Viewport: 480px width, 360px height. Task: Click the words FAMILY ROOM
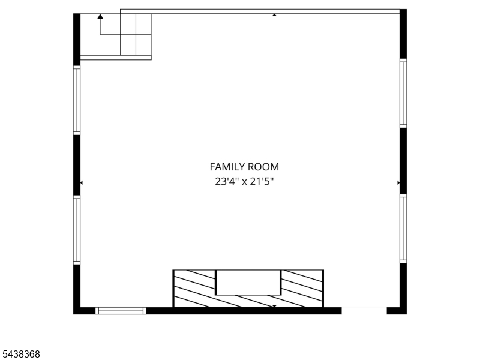(x=244, y=167)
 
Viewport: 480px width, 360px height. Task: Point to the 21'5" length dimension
(x=262, y=182)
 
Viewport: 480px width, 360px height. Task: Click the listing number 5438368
(x=20, y=354)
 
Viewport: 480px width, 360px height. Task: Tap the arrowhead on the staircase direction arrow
(x=100, y=16)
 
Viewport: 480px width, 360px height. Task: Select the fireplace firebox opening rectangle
(x=248, y=283)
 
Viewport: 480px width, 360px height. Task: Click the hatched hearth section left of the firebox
(x=194, y=289)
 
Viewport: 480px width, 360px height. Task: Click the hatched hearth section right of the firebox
(x=302, y=289)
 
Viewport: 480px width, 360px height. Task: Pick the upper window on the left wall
(x=77, y=100)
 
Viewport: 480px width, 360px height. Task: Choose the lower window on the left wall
(x=77, y=230)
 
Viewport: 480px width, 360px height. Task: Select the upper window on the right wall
(x=403, y=93)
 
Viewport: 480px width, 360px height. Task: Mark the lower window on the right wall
(x=403, y=229)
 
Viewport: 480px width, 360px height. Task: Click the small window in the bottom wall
(x=121, y=311)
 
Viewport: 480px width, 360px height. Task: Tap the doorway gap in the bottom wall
(x=364, y=311)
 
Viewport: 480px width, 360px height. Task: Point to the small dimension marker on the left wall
(x=82, y=183)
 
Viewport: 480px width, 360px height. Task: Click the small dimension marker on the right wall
(x=398, y=183)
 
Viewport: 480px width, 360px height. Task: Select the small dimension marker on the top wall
(x=274, y=14)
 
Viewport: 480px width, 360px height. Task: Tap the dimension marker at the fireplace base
(x=274, y=306)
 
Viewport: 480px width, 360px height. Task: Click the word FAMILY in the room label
(x=227, y=167)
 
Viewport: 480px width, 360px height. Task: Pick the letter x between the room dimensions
(x=244, y=182)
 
